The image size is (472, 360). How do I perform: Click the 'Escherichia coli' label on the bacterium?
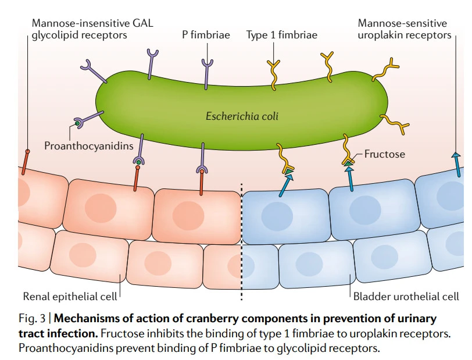(x=242, y=116)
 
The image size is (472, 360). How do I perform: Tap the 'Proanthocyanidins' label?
(x=89, y=145)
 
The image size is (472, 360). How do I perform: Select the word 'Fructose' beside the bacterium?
(x=385, y=155)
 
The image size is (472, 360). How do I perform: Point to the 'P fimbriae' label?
(x=206, y=35)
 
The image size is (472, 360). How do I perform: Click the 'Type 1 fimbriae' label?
(x=282, y=35)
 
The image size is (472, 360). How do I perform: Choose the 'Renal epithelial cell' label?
(x=69, y=296)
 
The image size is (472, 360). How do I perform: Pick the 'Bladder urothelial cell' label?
(x=406, y=296)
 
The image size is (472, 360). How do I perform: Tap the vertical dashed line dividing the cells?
(x=241, y=244)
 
